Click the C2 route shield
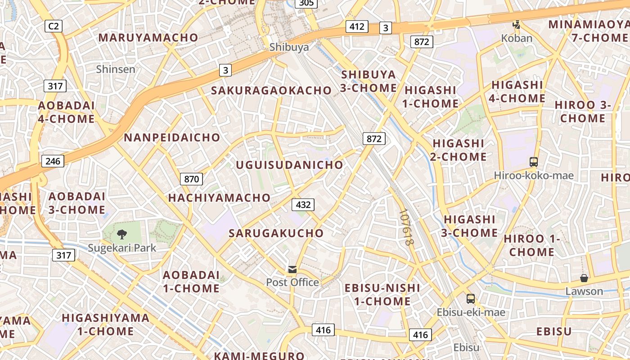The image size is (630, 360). [54, 26]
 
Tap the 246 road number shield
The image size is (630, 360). [53, 161]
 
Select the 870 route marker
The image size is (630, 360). [191, 179]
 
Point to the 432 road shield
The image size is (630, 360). [303, 205]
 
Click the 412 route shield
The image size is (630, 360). [357, 27]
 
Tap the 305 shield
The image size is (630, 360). [306, 3]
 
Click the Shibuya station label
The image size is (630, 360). [289, 47]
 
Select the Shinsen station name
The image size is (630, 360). [116, 69]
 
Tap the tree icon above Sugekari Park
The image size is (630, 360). [121, 234]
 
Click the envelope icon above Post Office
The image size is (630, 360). [292, 270]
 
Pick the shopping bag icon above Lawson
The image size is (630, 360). [584, 278]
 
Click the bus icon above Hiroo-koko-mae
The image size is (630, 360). [534, 162]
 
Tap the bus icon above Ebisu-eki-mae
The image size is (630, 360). [471, 299]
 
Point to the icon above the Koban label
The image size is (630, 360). [517, 25]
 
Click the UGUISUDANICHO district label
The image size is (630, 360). [289, 165]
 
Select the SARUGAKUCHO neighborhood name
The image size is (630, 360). [276, 233]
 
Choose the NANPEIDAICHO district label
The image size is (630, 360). [172, 137]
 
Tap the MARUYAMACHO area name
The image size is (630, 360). [148, 37]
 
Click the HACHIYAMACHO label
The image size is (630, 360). [219, 198]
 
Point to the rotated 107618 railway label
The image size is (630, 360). [406, 227]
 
